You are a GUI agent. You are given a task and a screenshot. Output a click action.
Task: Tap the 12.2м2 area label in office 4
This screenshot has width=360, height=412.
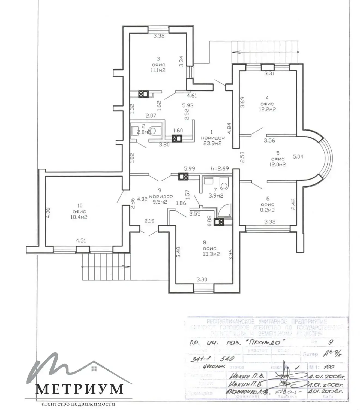point(267,110)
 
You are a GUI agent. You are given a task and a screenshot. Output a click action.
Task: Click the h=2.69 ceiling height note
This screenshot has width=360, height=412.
point(220,169)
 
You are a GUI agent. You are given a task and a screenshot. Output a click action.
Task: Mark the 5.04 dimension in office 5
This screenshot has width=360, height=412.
point(298,157)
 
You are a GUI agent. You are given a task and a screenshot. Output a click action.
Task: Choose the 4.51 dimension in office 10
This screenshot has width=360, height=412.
point(81,241)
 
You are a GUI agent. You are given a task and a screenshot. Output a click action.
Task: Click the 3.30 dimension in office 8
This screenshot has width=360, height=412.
point(202,279)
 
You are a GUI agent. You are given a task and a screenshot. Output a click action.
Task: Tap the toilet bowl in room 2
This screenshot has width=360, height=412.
point(154,131)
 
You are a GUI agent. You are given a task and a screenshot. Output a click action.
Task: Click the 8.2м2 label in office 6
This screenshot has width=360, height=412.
point(268,210)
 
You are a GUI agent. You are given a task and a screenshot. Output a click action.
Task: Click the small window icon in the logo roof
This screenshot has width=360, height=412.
point(94,369)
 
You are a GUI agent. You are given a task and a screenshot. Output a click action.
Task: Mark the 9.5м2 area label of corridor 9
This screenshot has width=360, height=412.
point(159,202)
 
